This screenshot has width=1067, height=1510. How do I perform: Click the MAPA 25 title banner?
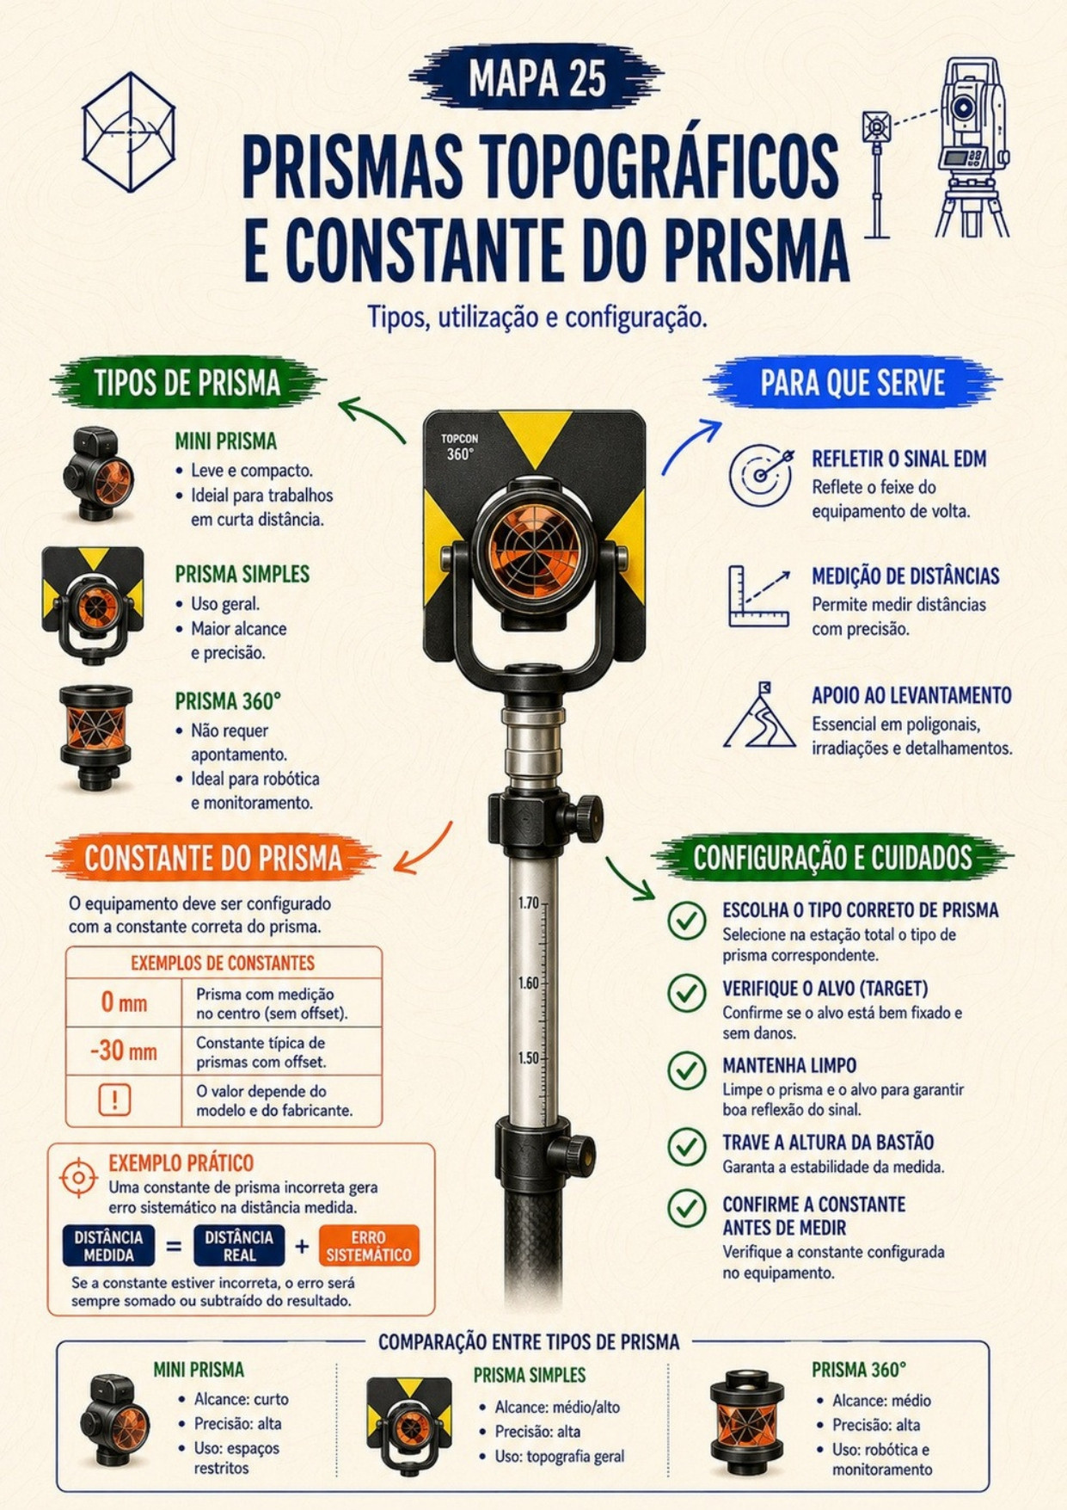click(537, 78)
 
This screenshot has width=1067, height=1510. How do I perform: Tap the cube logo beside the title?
click(129, 132)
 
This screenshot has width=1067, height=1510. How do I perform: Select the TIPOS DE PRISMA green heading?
click(187, 384)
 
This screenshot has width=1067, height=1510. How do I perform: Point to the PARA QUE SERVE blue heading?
click(852, 383)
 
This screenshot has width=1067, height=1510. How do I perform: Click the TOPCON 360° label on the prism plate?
click(460, 447)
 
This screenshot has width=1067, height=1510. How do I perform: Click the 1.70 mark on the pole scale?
click(529, 903)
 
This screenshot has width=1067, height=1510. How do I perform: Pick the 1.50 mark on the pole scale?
click(529, 1058)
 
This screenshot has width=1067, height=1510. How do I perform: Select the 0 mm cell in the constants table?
click(124, 1002)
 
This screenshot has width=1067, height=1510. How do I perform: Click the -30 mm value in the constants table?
click(124, 1051)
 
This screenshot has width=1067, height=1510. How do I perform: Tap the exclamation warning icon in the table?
click(114, 1100)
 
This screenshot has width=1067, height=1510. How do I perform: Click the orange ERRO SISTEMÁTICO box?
click(369, 1246)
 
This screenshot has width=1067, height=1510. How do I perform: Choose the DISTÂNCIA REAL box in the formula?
click(239, 1246)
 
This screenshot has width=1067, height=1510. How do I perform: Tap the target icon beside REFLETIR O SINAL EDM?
click(761, 474)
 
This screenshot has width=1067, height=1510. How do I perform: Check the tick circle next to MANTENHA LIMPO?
click(687, 1070)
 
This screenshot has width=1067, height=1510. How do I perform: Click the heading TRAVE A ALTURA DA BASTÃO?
click(828, 1143)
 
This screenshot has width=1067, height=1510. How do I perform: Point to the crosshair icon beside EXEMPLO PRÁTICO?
click(79, 1177)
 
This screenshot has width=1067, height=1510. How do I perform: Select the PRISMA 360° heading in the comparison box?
click(859, 1370)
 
